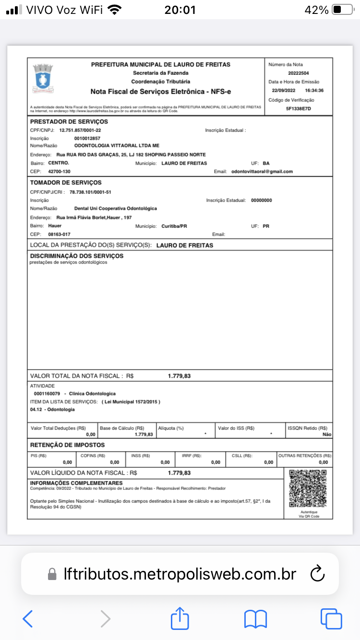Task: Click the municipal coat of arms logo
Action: (43, 77)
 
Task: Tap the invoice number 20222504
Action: (299, 73)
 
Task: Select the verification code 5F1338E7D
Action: (299, 108)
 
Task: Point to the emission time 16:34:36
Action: (314, 91)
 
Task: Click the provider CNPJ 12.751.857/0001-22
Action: (80, 130)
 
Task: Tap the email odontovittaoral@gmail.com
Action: (262, 171)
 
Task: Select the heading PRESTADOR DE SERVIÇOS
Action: (69, 122)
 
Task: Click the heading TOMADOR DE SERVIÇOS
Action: (66, 183)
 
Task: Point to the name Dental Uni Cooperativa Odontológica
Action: (116, 209)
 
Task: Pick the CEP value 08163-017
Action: (60, 234)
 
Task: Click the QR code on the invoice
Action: (308, 488)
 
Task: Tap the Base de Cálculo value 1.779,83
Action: (144, 434)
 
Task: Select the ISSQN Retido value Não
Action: (326, 434)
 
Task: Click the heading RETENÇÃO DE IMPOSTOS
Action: (67, 445)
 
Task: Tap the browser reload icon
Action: (318, 574)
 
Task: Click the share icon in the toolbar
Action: (180, 619)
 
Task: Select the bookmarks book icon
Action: (255, 619)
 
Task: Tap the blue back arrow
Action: (28, 619)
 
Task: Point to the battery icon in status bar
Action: (343, 10)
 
